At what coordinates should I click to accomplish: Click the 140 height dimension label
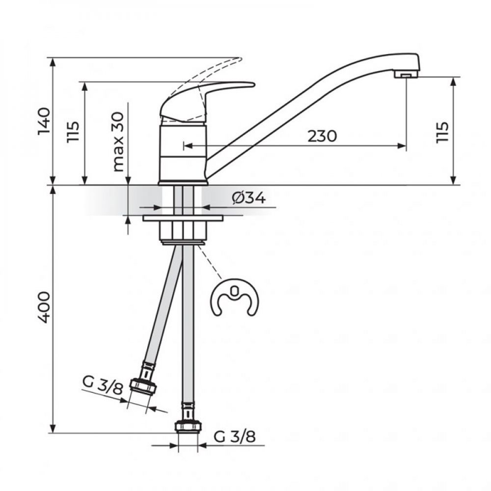(x=44, y=121)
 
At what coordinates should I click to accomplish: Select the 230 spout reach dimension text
(x=322, y=136)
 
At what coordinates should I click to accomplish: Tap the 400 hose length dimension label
(x=44, y=307)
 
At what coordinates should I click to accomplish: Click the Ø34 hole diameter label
(x=248, y=198)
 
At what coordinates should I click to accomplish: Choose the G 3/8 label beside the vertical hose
(x=235, y=436)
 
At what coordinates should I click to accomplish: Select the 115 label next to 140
(x=73, y=132)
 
